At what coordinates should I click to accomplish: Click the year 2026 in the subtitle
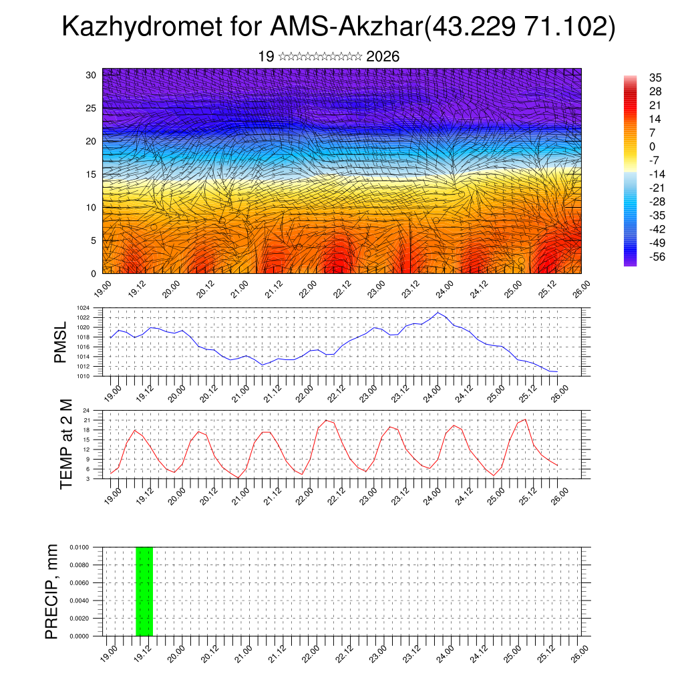click(x=383, y=57)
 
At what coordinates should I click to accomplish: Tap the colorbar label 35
click(x=655, y=78)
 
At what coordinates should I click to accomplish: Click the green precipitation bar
click(x=144, y=591)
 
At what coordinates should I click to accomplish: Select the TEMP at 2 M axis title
click(x=65, y=444)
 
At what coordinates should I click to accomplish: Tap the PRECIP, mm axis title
click(x=52, y=591)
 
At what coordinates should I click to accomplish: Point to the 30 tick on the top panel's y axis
click(x=91, y=75)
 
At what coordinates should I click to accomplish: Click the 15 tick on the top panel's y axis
click(x=91, y=174)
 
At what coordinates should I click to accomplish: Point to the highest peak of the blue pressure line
click(x=438, y=312)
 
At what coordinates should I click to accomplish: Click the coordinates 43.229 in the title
click(x=470, y=27)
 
